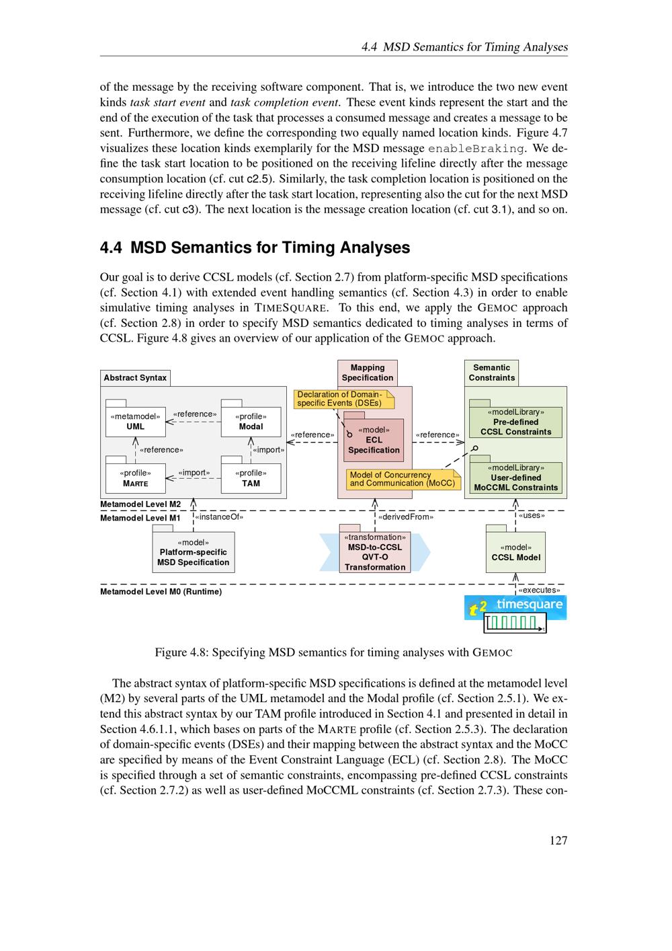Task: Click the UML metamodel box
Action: tap(135, 422)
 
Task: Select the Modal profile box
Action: tap(251, 422)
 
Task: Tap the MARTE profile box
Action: tap(135, 478)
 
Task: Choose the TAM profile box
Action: tap(251, 478)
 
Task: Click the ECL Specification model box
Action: tap(374, 440)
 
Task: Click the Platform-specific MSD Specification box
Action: tap(194, 552)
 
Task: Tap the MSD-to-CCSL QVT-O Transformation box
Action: tap(375, 552)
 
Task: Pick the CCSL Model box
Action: tap(515, 552)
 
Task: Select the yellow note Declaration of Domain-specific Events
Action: tap(343, 399)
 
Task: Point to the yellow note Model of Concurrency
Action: tap(402, 479)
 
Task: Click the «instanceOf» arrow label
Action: tap(219, 517)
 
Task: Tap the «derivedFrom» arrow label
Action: tap(406, 517)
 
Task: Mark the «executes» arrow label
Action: tap(539, 590)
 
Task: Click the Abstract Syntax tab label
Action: tap(135, 378)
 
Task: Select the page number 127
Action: tap(558, 840)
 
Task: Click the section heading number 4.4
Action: tap(111, 248)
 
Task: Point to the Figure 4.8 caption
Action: tap(333, 652)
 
